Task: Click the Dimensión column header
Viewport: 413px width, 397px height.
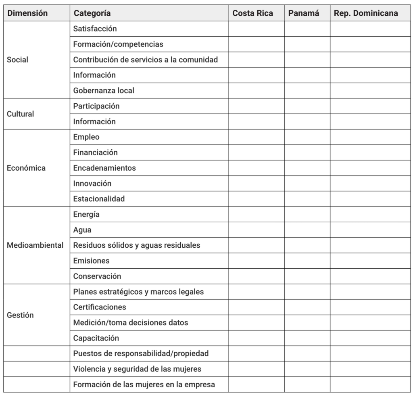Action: [27, 13]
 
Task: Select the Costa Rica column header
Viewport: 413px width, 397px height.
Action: [252, 13]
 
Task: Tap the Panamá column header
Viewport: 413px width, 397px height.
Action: [304, 13]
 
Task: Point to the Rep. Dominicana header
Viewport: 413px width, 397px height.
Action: [366, 13]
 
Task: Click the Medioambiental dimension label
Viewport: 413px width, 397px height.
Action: [35, 245]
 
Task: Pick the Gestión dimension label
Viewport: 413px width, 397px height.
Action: [20, 315]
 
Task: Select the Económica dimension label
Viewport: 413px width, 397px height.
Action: [26, 168]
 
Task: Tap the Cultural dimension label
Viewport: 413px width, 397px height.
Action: [20, 114]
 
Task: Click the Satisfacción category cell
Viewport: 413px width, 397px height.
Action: [95, 29]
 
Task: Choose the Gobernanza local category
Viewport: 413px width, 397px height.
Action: [104, 91]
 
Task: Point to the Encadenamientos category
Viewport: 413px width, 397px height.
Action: [104, 168]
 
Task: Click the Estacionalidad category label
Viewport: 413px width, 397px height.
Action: [99, 199]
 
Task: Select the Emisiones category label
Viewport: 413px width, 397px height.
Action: [91, 261]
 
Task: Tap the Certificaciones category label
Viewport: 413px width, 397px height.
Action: [100, 307]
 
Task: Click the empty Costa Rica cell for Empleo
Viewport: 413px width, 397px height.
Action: [257, 137]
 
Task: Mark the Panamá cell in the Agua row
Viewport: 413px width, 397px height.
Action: [307, 230]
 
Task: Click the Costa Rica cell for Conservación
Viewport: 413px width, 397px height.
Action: [257, 276]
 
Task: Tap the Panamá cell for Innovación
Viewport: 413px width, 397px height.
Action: [307, 184]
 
